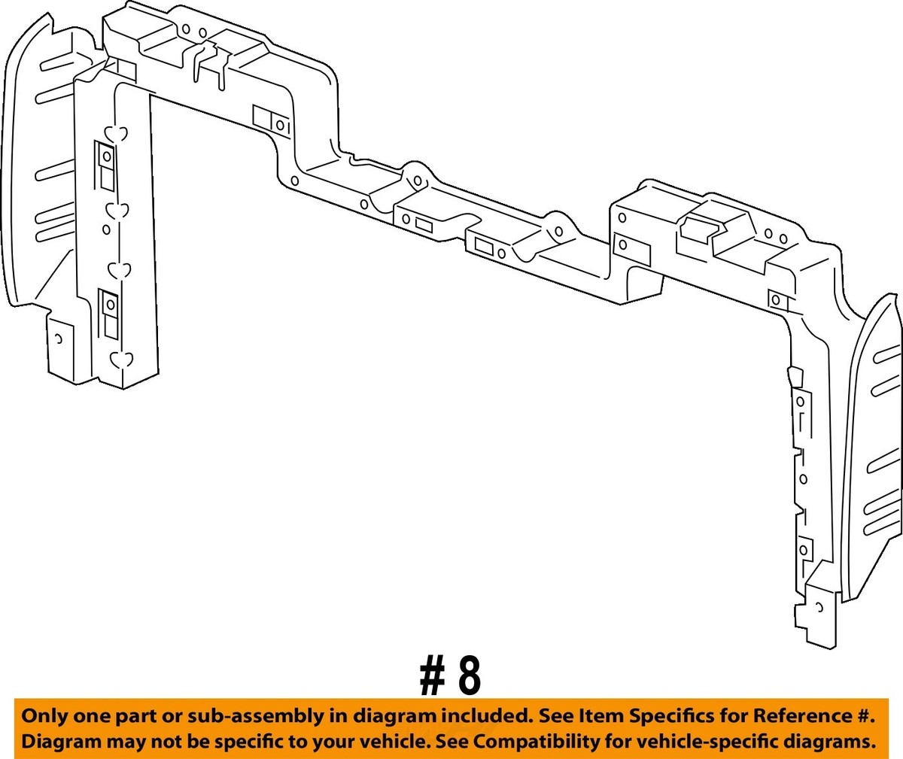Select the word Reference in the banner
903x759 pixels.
(780, 715)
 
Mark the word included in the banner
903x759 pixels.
(478, 715)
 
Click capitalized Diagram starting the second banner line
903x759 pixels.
(57, 741)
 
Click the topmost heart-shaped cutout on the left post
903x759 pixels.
(116, 135)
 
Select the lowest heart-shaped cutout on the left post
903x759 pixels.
(121, 359)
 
